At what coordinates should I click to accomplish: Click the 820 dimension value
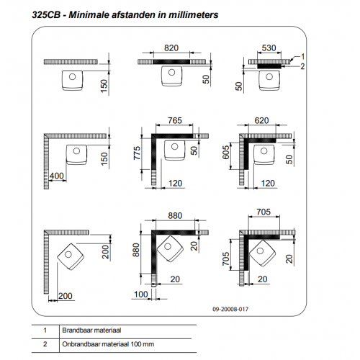point(171,48)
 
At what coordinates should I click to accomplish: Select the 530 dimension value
point(269,48)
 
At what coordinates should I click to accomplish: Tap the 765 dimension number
point(175,120)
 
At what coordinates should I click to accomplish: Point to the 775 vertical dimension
point(137,153)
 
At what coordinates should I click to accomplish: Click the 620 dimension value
point(261,120)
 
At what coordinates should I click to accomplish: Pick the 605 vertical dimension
point(226,153)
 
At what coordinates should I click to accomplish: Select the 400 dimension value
point(57,176)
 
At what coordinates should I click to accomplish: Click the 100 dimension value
point(140,294)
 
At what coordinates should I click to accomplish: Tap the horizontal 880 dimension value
point(175,215)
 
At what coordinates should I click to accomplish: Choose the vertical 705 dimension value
point(226,258)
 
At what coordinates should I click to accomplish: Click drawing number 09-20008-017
point(230,309)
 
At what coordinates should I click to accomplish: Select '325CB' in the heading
point(46,15)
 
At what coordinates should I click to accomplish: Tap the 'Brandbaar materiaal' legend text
point(91,330)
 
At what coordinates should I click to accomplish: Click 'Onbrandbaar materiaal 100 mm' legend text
point(108,344)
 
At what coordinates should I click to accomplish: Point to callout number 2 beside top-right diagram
point(302,66)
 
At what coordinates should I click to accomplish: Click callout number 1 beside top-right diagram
point(302,57)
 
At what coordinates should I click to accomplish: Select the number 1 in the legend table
point(45,330)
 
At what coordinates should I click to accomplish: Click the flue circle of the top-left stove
point(72,77)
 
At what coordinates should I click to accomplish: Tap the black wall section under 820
point(171,62)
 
